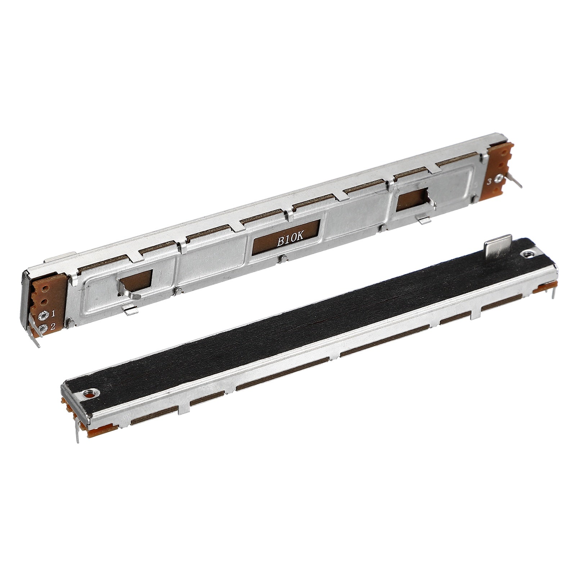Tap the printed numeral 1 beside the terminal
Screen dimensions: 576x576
[53, 314]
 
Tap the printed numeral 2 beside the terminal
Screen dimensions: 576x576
[53, 327]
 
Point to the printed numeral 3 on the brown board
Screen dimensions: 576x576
[489, 182]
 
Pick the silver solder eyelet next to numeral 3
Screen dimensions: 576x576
[499, 179]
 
